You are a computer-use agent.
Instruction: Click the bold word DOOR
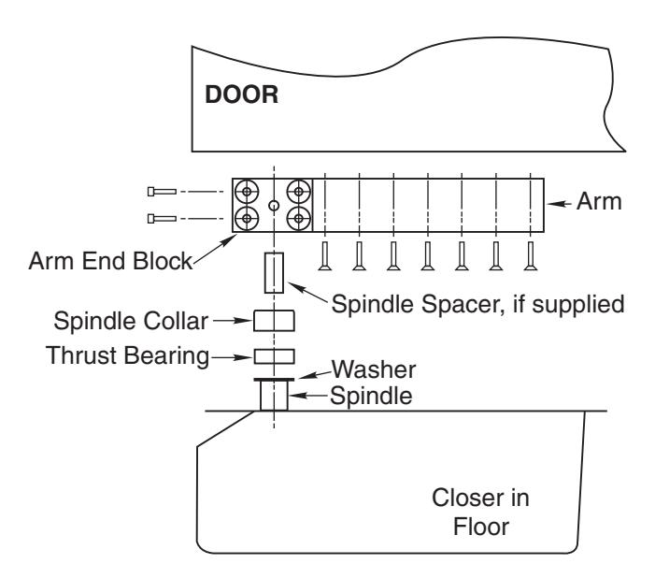[241, 94]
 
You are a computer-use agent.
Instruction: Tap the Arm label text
[599, 201]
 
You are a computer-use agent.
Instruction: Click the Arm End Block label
[110, 261]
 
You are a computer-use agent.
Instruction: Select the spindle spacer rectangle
[274, 272]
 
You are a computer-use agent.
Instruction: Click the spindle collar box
[274, 321]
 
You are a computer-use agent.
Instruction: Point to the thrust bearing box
[274, 356]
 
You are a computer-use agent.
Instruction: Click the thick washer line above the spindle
[274, 380]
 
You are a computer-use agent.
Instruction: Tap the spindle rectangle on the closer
[274, 396]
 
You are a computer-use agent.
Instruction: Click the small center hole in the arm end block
[274, 205]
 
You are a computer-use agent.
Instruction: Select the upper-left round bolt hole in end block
[247, 192]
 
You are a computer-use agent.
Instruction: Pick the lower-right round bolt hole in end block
[299, 218]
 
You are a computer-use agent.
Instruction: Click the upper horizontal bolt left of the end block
[162, 192]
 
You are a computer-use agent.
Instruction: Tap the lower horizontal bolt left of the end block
[162, 218]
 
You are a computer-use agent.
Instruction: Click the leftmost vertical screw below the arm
[325, 256]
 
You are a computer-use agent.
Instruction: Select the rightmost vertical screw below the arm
[531, 256]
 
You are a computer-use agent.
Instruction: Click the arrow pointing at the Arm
[559, 204]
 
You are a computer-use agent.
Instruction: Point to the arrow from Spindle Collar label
[232, 321]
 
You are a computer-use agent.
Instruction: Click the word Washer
[374, 369]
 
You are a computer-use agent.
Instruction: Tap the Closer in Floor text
[481, 513]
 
